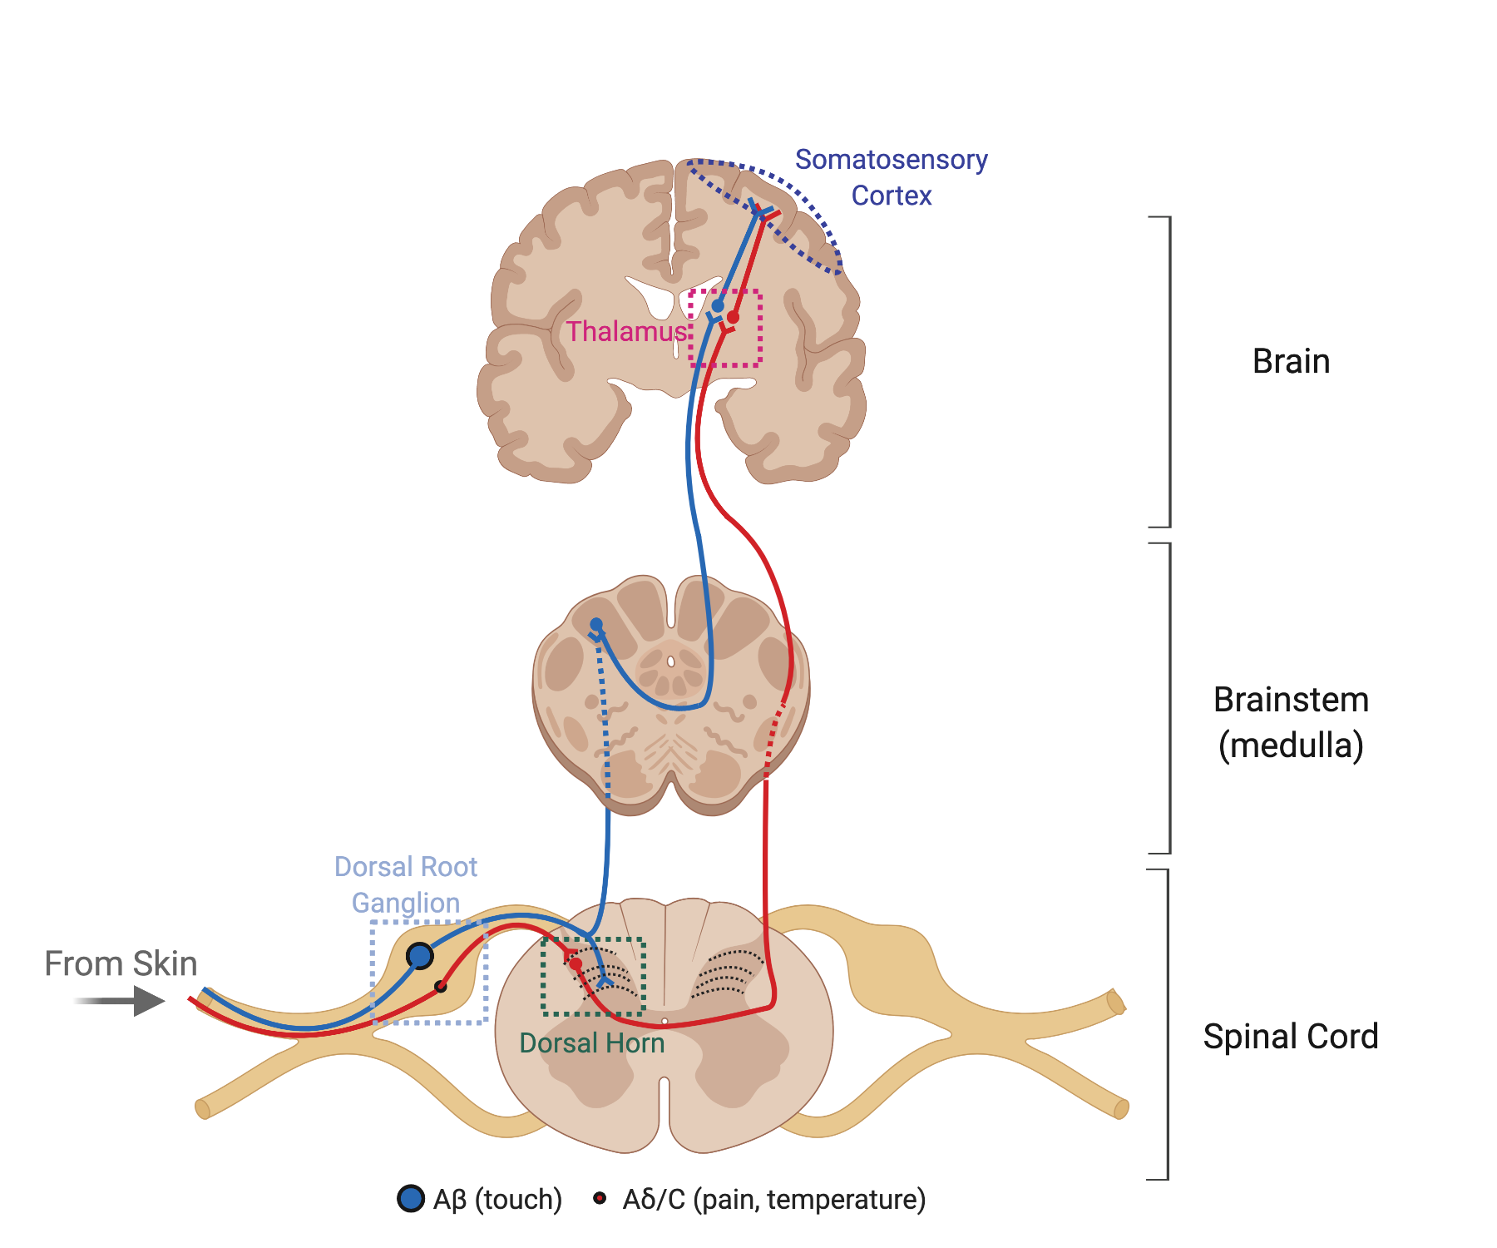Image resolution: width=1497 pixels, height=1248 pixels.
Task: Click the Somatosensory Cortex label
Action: (x=891, y=176)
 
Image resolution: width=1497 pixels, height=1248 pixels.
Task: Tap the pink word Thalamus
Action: (x=626, y=331)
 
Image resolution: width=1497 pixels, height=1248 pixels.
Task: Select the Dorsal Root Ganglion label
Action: (x=406, y=884)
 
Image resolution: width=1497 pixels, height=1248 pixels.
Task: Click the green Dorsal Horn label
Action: (x=591, y=1043)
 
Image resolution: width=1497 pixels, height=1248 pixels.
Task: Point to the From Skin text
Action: (x=121, y=963)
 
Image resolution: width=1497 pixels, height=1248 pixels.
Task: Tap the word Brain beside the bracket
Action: (x=1291, y=361)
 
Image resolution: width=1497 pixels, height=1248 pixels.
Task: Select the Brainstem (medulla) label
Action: (x=1291, y=722)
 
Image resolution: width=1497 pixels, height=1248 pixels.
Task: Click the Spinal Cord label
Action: (x=1291, y=1037)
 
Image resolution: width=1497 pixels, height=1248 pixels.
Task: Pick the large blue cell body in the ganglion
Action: (x=420, y=956)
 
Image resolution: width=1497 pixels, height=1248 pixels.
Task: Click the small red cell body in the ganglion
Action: (x=441, y=987)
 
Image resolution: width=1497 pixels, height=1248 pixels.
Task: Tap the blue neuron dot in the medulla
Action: (x=596, y=624)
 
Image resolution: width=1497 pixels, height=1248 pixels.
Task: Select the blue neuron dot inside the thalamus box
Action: (x=718, y=305)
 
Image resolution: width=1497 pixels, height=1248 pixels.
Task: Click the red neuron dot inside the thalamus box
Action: (x=733, y=317)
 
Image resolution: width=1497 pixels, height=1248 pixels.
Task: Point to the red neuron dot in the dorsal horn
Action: (x=576, y=963)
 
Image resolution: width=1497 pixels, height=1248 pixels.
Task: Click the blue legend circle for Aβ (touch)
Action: (x=411, y=1199)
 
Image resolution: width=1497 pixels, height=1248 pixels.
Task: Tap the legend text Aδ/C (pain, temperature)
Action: (x=773, y=1200)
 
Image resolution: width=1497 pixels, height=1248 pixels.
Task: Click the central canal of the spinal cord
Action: (x=665, y=1021)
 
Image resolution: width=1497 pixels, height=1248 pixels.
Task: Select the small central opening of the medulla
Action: (x=670, y=661)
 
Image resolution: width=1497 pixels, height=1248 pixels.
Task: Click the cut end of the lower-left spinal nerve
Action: (x=202, y=1109)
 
